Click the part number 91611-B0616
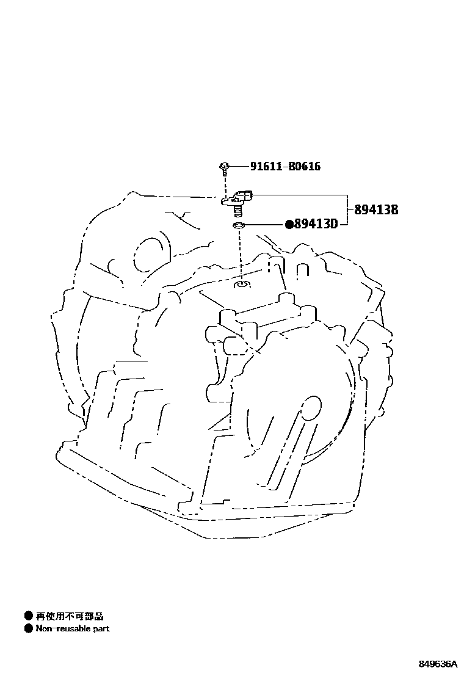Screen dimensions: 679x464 point(285,166)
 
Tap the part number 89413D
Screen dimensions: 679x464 point(316,224)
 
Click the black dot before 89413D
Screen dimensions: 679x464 point(289,224)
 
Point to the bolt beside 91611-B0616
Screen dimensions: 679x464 point(225,165)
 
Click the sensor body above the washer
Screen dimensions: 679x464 point(239,197)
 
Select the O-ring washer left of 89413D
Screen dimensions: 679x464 point(239,227)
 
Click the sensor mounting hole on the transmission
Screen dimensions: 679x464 point(242,284)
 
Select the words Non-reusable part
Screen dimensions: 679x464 point(73,628)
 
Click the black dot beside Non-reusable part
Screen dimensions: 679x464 point(28,628)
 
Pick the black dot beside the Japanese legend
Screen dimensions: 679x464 point(28,616)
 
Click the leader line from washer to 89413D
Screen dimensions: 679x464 point(264,225)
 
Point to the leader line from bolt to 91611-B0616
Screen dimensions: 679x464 point(239,165)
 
